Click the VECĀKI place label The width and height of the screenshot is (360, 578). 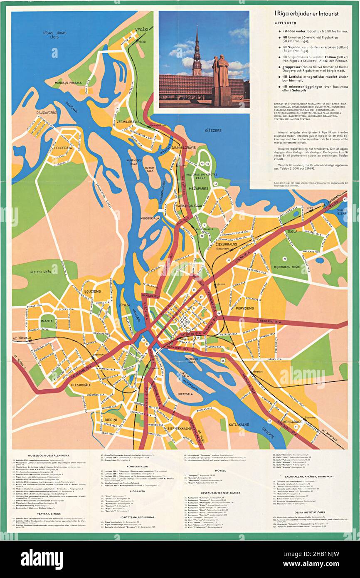pos(141,30)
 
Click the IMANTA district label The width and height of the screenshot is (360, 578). pos(47,321)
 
